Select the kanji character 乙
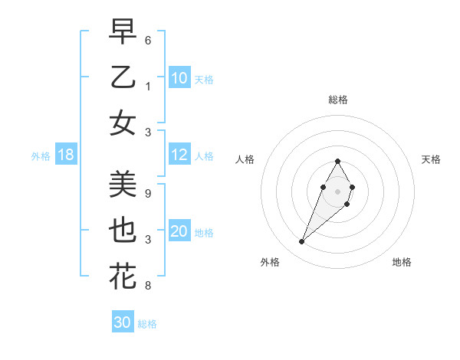pos(123,77)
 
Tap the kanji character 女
pos(123,123)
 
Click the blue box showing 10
pos(179,78)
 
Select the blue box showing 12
pos(179,155)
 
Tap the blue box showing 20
pos(179,231)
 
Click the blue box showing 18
pos(66,155)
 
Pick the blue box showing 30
pos(123,322)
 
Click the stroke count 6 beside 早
pos(148,39)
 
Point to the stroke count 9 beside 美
pos(148,194)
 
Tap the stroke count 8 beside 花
pos(148,286)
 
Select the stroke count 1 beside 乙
pos(148,85)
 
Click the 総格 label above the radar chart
pos(337,100)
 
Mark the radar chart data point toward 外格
pos(301,242)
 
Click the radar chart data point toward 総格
pos(337,162)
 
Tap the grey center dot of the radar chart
pos(337,191)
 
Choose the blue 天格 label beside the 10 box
pos(204,80)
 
